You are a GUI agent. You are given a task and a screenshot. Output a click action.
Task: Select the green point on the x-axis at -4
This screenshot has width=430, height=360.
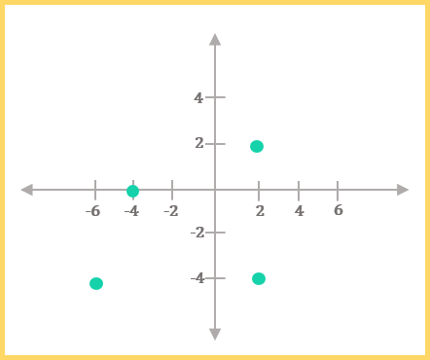click(132, 191)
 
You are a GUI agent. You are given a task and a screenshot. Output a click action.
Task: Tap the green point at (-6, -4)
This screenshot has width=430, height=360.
click(96, 283)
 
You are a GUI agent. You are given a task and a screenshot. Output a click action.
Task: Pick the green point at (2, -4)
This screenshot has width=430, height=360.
click(259, 278)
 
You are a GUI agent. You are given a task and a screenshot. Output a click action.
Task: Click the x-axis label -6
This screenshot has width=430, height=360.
click(93, 211)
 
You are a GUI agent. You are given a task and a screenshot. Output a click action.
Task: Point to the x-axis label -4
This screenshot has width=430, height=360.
click(131, 211)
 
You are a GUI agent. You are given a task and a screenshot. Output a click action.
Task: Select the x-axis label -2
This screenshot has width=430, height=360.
click(171, 211)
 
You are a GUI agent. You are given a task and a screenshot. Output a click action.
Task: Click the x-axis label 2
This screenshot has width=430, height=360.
click(260, 211)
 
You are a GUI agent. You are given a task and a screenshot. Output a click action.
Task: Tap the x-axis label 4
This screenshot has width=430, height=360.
click(300, 211)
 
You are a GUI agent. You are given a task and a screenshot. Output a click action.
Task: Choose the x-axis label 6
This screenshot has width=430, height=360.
click(339, 210)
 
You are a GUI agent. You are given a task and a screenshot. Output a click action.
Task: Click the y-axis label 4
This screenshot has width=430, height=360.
click(198, 97)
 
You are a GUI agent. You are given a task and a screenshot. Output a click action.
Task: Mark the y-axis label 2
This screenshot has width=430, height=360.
click(199, 143)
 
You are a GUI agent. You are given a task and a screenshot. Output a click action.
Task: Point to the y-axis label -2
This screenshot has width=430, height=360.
click(197, 233)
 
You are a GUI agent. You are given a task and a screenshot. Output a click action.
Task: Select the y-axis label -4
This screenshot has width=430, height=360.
click(197, 278)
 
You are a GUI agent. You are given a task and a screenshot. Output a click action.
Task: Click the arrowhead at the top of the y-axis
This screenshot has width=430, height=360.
click(215, 40)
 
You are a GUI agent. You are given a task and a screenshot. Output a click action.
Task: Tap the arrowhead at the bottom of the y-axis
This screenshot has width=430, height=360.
click(215, 335)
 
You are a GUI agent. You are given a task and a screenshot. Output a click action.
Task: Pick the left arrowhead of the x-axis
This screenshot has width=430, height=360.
click(27, 190)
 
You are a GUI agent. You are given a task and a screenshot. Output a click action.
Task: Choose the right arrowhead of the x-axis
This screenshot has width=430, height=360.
click(403, 190)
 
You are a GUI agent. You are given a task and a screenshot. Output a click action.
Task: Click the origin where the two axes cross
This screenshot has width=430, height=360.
click(215, 190)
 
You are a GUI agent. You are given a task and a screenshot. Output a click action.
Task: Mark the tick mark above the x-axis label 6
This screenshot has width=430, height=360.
click(338, 191)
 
